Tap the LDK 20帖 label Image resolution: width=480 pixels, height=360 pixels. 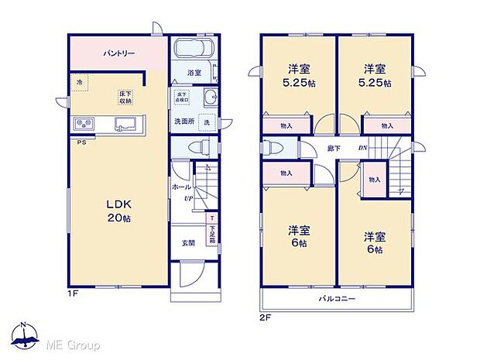pyautogui.click(x=119, y=210)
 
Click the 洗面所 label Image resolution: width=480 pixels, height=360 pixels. pyautogui.click(x=183, y=122)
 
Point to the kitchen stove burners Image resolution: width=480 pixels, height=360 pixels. pyautogui.click(x=84, y=124)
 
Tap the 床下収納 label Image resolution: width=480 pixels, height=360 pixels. pyautogui.click(x=125, y=96)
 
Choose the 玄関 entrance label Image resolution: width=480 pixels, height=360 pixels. pyautogui.click(x=188, y=242)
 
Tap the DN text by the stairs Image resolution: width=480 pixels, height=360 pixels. pyautogui.click(x=362, y=148)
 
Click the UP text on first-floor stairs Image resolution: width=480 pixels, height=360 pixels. pyautogui.click(x=188, y=198)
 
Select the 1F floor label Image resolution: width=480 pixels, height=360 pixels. pyautogui.click(x=71, y=294)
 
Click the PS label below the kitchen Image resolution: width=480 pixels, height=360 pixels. pyautogui.click(x=80, y=142)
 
